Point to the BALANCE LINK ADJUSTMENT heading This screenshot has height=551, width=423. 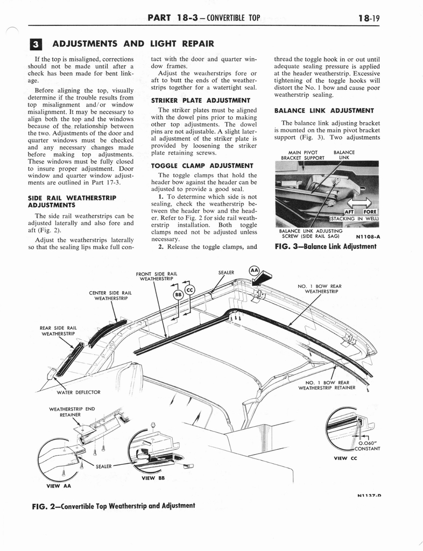pyautogui.click(x=324, y=110)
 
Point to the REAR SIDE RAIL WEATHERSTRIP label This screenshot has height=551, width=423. pyautogui.click(x=59, y=330)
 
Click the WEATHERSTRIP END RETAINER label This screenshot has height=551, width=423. pyautogui.click(x=72, y=412)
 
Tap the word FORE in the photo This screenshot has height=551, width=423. pyautogui.click(x=370, y=211)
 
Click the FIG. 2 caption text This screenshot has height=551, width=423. pyautogui.click(x=114, y=506)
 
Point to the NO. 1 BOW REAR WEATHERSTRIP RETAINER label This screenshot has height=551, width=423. pyautogui.click(x=327, y=385)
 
